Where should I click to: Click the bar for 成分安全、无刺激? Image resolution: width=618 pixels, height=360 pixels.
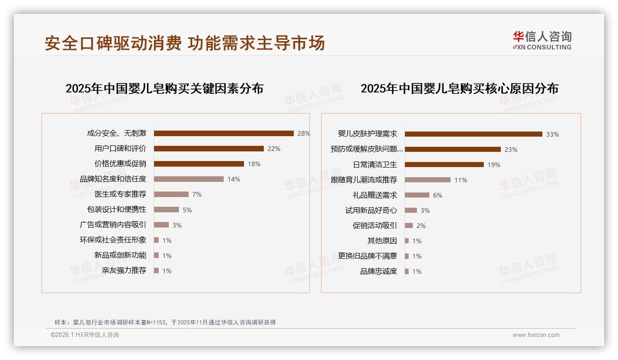[x=224, y=133]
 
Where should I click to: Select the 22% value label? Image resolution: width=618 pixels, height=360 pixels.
[x=274, y=149]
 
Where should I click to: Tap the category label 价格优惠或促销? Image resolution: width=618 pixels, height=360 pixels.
[x=120, y=164]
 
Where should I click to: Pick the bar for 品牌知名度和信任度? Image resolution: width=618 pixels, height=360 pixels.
[x=189, y=179]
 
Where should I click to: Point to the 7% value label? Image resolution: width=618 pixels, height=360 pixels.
[x=197, y=194]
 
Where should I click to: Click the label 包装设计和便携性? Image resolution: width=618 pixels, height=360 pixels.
[x=116, y=210]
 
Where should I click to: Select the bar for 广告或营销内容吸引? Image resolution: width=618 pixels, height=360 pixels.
[x=161, y=225]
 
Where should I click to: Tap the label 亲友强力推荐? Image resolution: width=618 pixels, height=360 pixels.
[x=120, y=270]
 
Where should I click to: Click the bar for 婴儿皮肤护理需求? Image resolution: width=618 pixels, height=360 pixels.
[x=473, y=134]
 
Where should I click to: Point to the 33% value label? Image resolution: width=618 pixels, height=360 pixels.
[x=553, y=134]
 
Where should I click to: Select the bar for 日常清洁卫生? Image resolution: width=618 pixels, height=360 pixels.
[x=444, y=165]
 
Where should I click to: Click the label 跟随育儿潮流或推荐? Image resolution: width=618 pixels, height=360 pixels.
[x=363, y=180]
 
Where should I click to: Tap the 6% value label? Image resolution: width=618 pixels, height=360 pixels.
[x=438, y=195]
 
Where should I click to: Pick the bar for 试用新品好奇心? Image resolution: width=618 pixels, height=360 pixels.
[x=411, y=210]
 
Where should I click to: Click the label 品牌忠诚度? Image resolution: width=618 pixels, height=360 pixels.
[x=378, y=271]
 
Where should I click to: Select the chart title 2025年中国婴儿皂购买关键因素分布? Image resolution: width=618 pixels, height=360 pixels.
[x=164, y=88]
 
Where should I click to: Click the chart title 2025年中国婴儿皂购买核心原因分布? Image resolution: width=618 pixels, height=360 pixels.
[x=459, y=88]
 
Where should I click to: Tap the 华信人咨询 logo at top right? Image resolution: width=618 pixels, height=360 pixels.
[x=542, y=41]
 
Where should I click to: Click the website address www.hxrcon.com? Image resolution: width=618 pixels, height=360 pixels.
[x=536, y=335]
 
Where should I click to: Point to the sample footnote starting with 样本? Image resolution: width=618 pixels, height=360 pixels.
[x=165, y=322]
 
